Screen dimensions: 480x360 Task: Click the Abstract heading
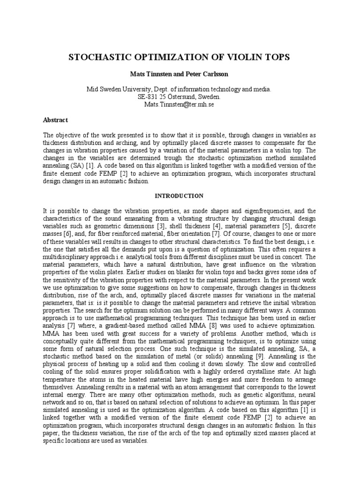coord(55,120)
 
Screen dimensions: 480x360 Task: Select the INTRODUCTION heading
coord(180,196)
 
